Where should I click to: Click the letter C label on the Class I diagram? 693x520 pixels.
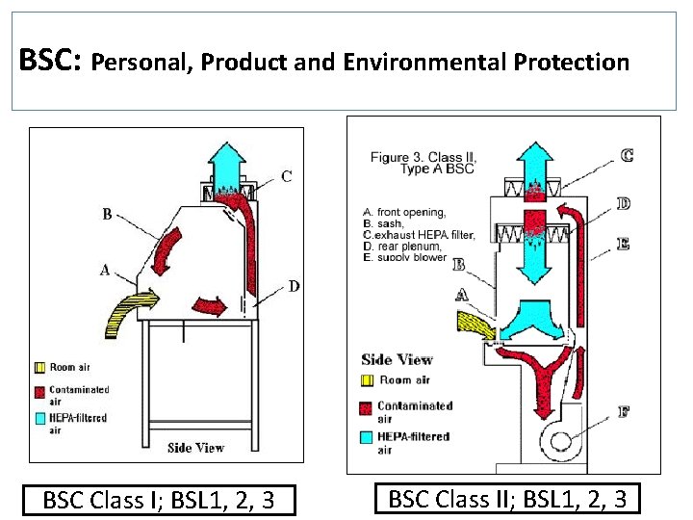(x=287, y=176)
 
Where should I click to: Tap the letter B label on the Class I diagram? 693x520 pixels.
(x=107, y=214)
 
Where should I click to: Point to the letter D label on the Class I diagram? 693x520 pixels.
(x=293, y=285)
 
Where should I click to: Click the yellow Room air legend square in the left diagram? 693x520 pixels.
(x=39, y=367)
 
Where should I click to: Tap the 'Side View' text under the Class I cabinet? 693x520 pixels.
(x=195, y=447)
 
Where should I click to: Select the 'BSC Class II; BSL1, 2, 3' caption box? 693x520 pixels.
(x=507, y=499)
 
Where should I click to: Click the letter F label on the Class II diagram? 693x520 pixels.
(x=624, y=412)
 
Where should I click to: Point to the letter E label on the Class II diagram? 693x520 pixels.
(x=624, y=245)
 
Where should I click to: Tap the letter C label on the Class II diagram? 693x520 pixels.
(x=627, y=154)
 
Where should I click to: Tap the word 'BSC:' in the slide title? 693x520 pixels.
(x=51, y=63)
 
